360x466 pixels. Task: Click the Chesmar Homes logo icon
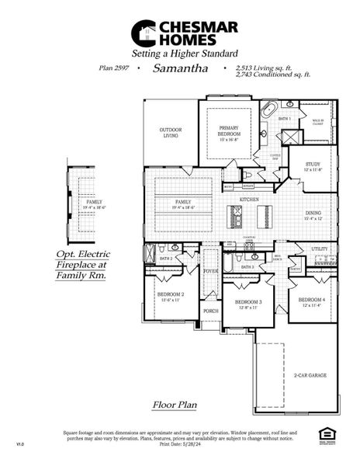pyautogui.click(x=143, y=33)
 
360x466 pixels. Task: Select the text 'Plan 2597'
pyautogui.click(x=115, y=68)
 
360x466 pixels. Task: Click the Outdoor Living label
pyautogui.click(x=171, y=132)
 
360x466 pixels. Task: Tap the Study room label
pyautogui.click(x=313, y=166)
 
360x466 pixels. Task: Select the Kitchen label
pyautogui.click(x=249, y=200)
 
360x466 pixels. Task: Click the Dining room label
pyautogui.click(x=313, y=215)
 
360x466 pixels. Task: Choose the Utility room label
pyautogui.click(x=320, y=249)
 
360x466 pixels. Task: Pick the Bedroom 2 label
pyautogui.click(x=171, y=297)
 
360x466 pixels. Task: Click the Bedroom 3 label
pyautogui.click(x=247, y=303)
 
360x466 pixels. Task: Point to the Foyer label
pyautogui.click(x=210, y=271)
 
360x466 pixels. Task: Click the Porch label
pyautogui.click(x=210, y=311)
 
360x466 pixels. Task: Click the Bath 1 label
pyautogui.click(x=285, y=119)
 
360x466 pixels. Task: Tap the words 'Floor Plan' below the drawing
pyautogui.click(x=173, y=405)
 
